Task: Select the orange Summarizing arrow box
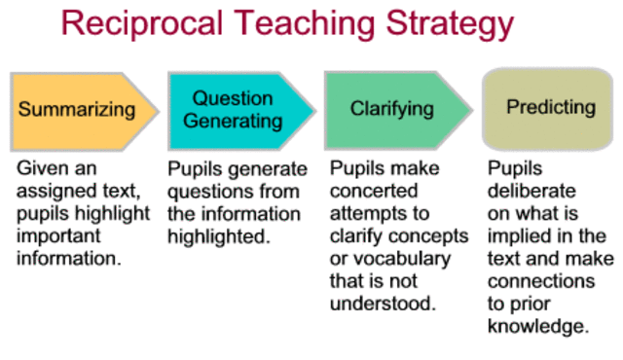pyautogui.click(x=82, y=108)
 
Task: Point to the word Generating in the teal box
pyautogui.click(x=234, y=123)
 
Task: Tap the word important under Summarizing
pyautogui.click(x=57, y=234)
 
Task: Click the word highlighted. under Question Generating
pyautogui.click(x=216, y=234)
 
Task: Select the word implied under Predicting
pyautogui.click(x=522, y=234)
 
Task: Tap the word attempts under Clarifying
pyautogui.click(x=364, y=212)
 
